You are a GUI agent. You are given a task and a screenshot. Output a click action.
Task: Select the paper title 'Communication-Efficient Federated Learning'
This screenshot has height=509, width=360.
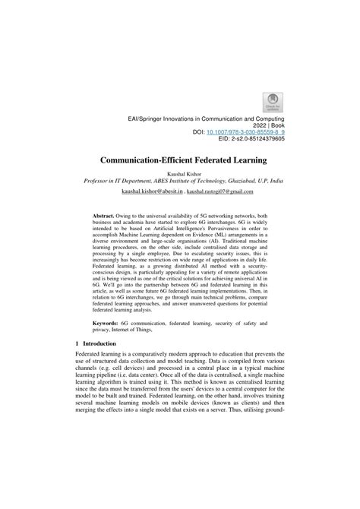(x=180, y=161)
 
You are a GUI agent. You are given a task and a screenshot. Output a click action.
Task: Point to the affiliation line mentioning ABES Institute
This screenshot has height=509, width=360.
(x=180, y=183)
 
